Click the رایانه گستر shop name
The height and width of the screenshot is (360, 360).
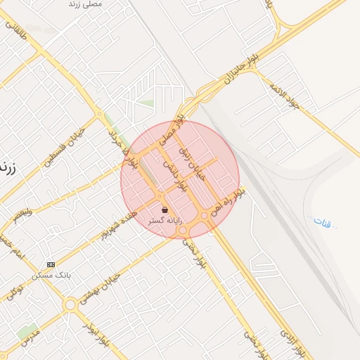pyautogui.click(x=165, y=221)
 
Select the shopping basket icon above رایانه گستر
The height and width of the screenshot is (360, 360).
pyautogui.click(x=165, y=210)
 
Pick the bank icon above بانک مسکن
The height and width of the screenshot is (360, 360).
pyautogui.click(x=50, y=264)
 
